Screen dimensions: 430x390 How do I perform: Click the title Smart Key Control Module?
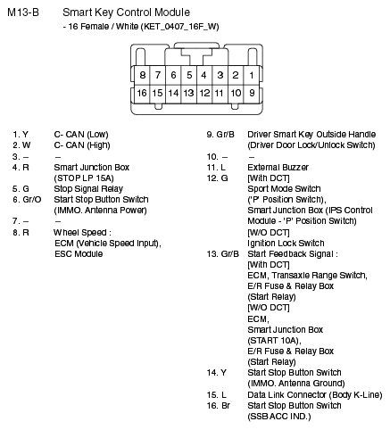pos(126,13)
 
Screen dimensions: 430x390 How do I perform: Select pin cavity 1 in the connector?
pos(252,76)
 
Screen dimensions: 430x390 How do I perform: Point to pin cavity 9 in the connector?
pos(252,93)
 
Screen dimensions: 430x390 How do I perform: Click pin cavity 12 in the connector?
pos(204,93)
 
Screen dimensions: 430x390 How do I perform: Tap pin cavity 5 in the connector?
pos(189,76)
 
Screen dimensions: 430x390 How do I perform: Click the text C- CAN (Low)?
pos(84,134)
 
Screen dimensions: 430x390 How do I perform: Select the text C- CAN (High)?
pos(85,145)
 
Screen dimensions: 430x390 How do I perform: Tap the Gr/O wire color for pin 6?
pos(21,200)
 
